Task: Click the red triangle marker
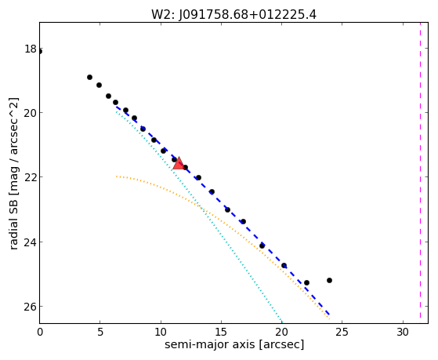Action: [178, 163]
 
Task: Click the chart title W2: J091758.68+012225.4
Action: [233, 15]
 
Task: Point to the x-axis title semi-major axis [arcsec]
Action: [234, 344]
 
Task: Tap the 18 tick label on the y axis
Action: [31, 49]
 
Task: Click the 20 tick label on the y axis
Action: [31, 113]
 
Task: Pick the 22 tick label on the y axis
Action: [31, 177]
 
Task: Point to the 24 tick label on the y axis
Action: [31, 242]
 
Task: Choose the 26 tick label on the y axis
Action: [31, 307]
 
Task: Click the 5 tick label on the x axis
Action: [100, 333]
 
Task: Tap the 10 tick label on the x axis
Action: [161, 333]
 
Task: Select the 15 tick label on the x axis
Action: [221, 333]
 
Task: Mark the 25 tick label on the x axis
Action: [342, 333]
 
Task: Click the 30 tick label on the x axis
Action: [403, 333]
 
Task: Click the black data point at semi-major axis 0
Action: [40, 52]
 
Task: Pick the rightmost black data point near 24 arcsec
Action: [329, 280]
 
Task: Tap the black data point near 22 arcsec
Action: [306, 283]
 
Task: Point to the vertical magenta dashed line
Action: [421, 170]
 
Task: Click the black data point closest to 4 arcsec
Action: [89, 77]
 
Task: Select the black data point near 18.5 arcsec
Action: [262, 245]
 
